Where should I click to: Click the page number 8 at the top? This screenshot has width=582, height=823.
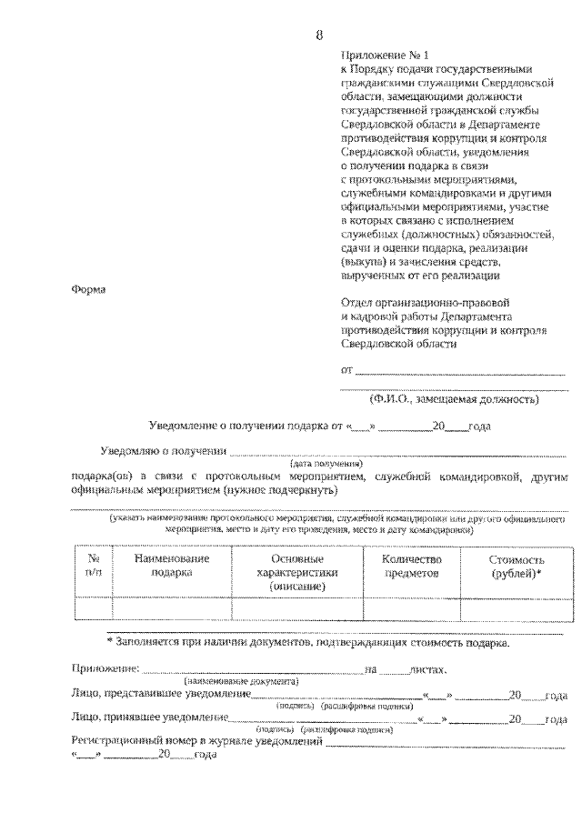(x=319, y=35)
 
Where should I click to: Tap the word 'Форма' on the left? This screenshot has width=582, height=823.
(x=87, y=290)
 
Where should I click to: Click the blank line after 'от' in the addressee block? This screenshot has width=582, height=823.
(x=459, y=373)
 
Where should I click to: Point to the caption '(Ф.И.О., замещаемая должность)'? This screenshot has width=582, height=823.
(x=454, y=398)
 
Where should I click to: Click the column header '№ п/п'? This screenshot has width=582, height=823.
(x=93, y=566)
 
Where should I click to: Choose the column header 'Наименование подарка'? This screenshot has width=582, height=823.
(x=172, y=566)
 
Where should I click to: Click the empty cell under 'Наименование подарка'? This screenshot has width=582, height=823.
(x=172, y=607)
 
